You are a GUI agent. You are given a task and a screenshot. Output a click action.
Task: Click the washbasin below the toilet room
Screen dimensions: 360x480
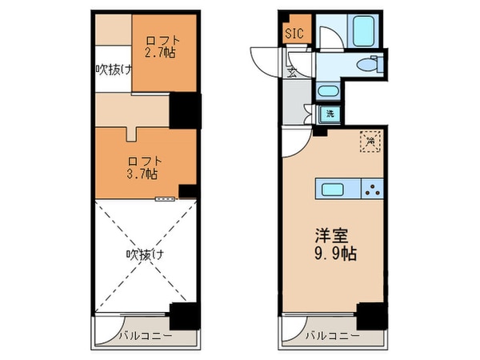coord(326,91)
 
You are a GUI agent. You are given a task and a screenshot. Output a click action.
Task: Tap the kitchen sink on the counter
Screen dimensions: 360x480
coord(332,190)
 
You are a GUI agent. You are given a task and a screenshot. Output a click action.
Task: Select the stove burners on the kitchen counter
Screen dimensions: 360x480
coord(372,190)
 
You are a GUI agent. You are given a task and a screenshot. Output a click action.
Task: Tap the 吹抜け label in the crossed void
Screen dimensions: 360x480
coord(145,255)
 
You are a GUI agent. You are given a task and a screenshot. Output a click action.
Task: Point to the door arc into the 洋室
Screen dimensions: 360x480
coord(294,142)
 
